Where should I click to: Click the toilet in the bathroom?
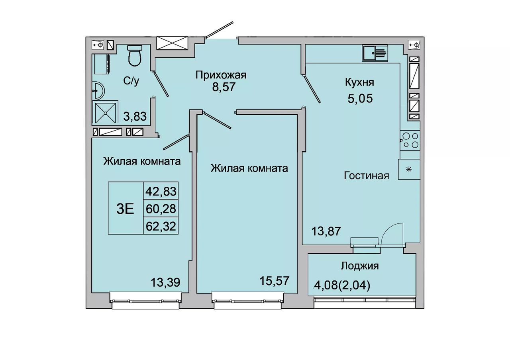click(x=135, y=55)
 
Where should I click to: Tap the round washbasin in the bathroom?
click(x=98, y=90)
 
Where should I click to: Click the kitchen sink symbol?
click(x=375, y=53)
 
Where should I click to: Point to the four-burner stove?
click(x=410, y=140)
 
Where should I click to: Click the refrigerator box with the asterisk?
click(x=409, y=169)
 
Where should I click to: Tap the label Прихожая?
click(x=221, y=75)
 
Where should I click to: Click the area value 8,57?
click(x=224, y=87)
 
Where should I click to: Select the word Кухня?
click(x=359, y=82)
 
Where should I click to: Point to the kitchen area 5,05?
click(x=360, y=98)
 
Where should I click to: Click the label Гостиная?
click(x=366, y=176)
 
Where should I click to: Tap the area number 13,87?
click(x=326, y=231)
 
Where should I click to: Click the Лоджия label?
click(x=360, y=266)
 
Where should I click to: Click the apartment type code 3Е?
click(x=125, y=209)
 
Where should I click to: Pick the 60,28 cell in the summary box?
click(x=161, y=209)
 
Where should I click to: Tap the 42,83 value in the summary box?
click(x=161, y=192)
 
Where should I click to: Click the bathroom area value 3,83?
click(x=135, y=117)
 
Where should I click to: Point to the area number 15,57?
click(x=275, y=281)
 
